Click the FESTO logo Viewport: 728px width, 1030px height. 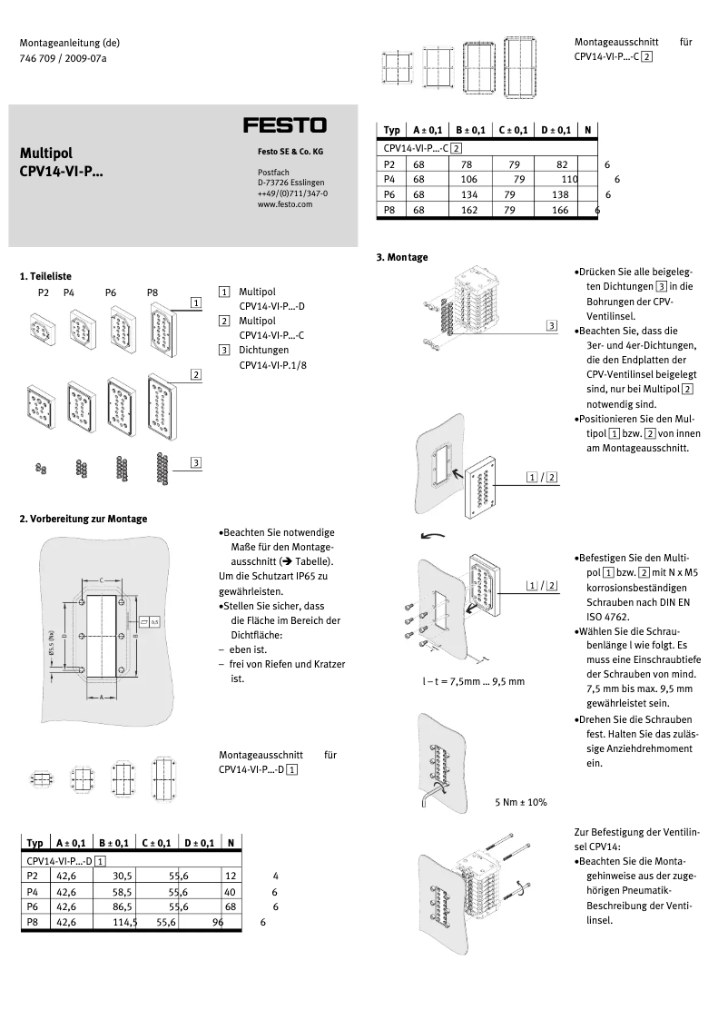(x=284, y=125)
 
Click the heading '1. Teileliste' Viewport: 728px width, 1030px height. (x=45, y=276)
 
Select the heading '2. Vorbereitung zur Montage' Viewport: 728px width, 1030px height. (x=84, y=519)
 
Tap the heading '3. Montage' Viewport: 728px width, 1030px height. (x=401, y=257)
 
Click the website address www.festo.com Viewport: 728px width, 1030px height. (x=284, y=205)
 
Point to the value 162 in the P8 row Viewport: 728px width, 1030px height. (x=468, y=210)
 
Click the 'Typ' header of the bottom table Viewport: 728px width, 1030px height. (x=35, y=844)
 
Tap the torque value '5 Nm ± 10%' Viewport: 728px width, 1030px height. (x=520, y=802)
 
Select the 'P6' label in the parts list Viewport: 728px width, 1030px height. (x=111, y=292)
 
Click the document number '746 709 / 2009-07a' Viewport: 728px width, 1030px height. (x=64, y=58)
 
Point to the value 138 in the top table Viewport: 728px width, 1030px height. (x=560, y=194)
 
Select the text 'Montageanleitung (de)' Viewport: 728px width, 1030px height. (x=70, y=43)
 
